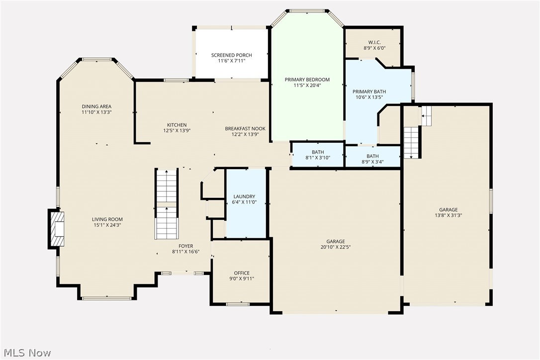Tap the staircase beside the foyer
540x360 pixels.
167,204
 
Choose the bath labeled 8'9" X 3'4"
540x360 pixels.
372,159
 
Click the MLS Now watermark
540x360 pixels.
26,353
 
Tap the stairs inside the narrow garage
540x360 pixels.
411,142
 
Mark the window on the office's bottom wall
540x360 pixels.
238,304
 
